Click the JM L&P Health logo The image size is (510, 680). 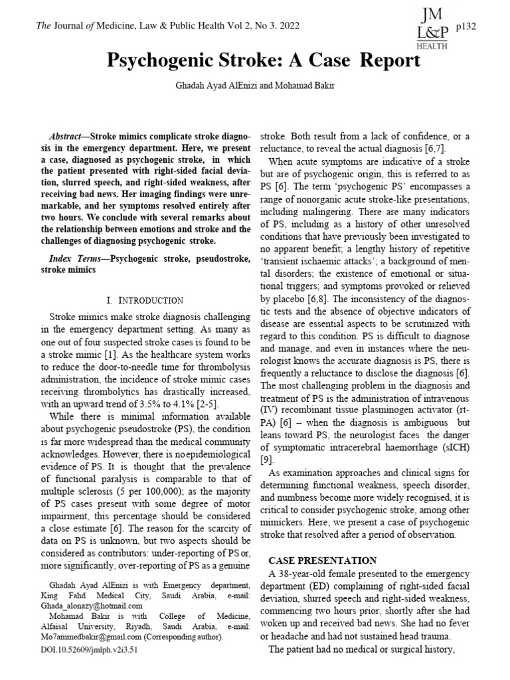click(432, 27)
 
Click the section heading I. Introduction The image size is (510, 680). click(145, 301)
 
